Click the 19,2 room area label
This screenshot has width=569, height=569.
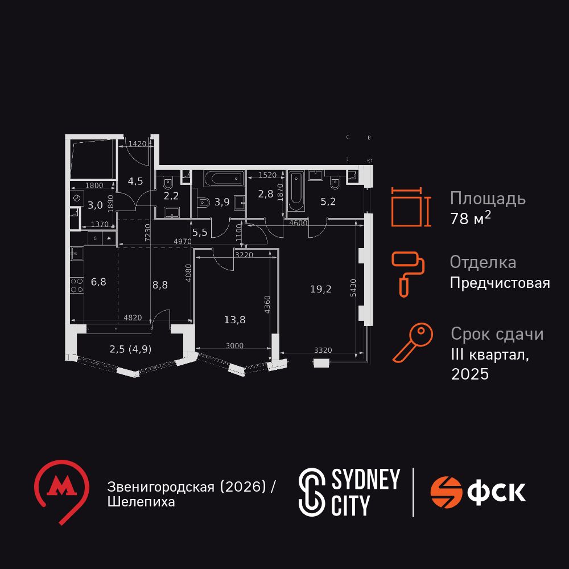(x=321, y=288)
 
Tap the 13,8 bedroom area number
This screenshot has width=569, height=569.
(x=235, y=319)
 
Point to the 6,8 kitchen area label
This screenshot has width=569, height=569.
(x=99, y=282)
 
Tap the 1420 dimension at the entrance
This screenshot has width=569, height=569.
(x=137, y=144)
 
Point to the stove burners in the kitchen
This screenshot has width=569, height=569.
(x=75, y=284)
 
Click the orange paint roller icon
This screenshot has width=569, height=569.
(x=408, y=273)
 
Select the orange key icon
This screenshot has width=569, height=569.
(x=413, y=343)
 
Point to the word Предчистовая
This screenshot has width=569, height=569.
(x=500, y=283)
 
